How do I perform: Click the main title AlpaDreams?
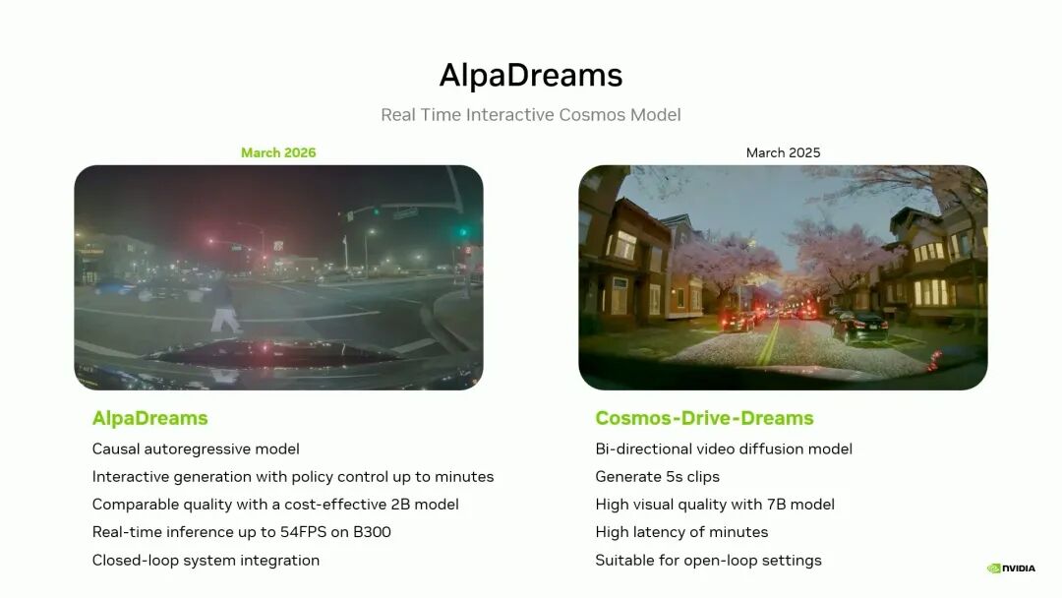click(531, 75)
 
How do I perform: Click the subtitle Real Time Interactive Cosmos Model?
click(531, 115)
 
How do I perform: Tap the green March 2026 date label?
click(278, 153)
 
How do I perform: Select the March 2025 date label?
click(783, 153)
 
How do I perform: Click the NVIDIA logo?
click(1011, 568)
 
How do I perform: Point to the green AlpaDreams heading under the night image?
click(149, 419)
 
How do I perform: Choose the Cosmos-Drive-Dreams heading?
click(704, 419)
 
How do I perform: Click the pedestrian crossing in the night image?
click(224, 306)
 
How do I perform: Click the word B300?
click(372, 532)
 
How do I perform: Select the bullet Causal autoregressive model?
click(196, 449)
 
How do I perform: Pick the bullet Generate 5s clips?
click(657, 477)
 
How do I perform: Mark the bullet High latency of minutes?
click(681, 532)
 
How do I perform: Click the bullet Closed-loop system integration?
click(206, 561)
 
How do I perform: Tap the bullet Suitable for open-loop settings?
click(708, 561)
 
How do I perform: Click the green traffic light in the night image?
click(463, 232)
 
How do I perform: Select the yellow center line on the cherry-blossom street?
click(769, 342)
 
